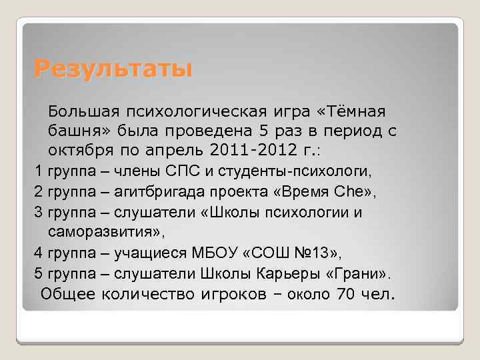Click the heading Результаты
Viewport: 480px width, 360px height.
[x=113, y=69]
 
